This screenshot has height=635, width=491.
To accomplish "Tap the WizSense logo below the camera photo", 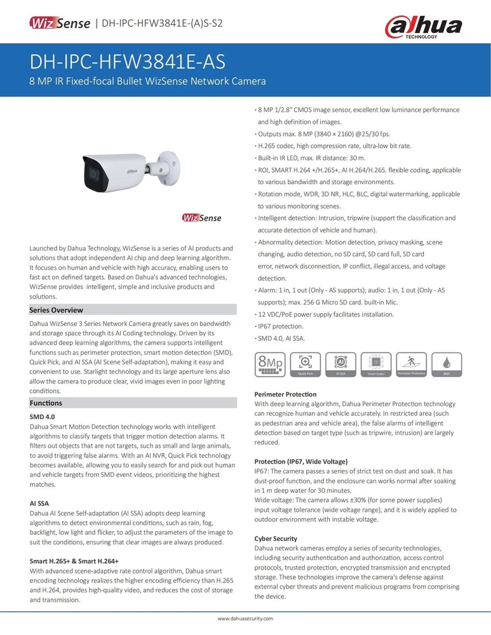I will click(x=201, y=218).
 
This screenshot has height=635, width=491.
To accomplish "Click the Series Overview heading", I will click(x=57, y=310).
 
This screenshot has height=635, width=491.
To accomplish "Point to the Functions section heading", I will click(x=46, y=403).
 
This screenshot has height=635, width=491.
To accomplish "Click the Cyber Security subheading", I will click(x=276, y=538).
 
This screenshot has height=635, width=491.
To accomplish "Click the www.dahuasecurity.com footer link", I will click(x=245, y=618).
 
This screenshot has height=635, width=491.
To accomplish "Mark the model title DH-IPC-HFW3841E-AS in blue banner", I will click(x=127, y=63).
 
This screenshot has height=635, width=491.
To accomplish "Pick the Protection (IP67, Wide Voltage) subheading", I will click(x=301, y=460).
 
